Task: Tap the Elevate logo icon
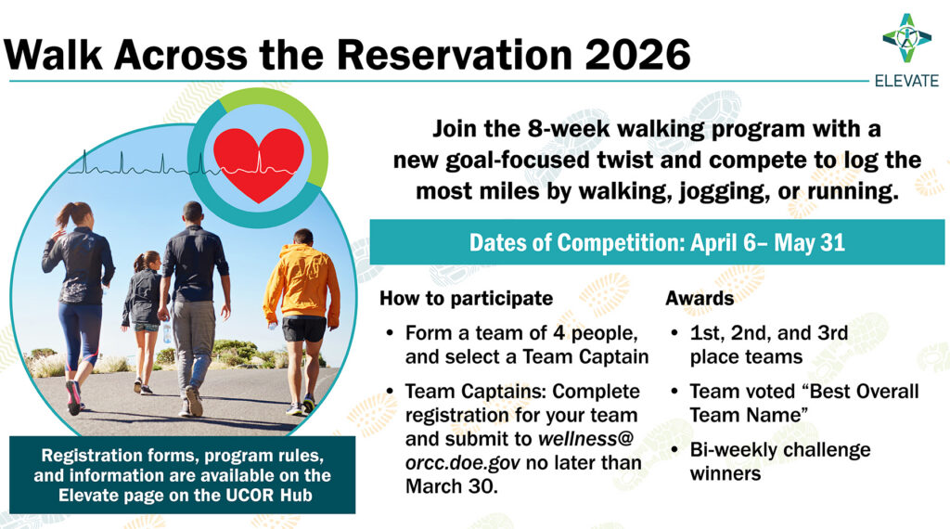[906, 38]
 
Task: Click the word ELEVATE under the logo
[906, 81]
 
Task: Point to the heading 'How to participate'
[466, 298]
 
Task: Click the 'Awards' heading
[700, 298]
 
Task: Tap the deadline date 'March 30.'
[452, 486]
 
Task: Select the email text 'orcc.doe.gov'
[462, 463]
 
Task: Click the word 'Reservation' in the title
[454, 55]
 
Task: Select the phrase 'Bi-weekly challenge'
[780, 450]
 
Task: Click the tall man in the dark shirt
[193, 309]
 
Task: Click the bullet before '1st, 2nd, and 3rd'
[674, 333]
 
